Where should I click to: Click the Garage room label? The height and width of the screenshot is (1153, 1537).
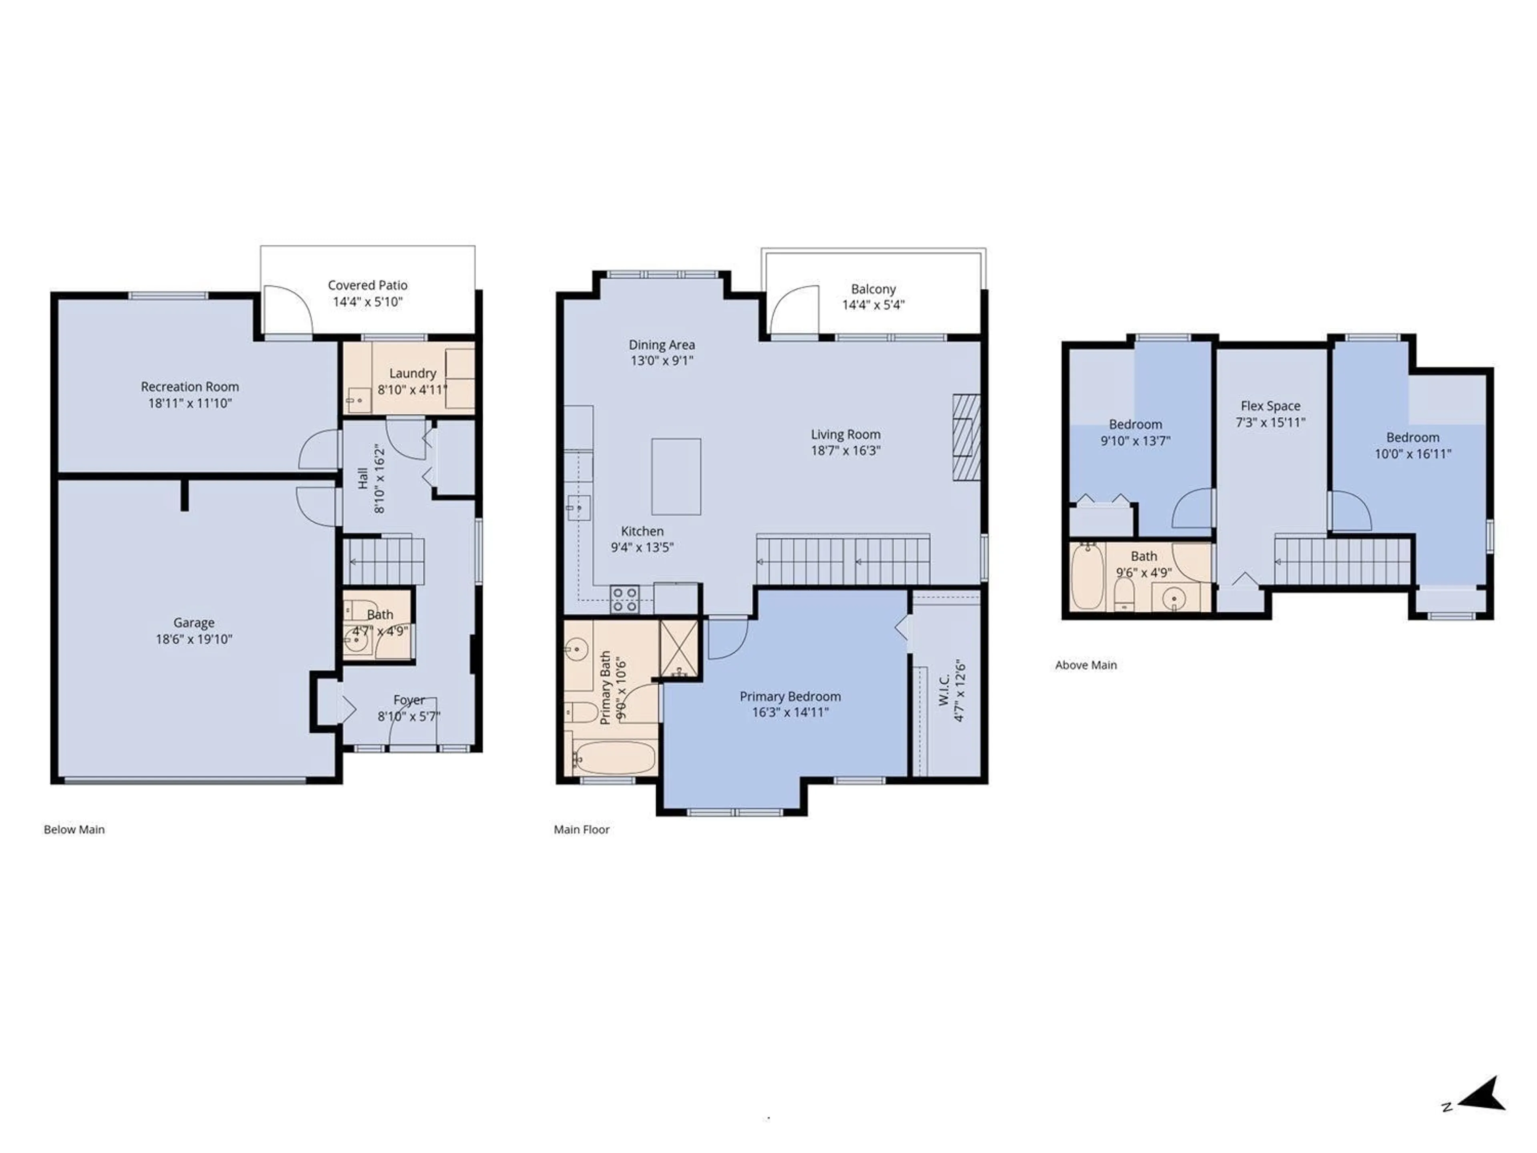tap(194, 623)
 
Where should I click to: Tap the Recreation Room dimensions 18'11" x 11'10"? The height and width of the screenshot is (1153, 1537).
tap(190, 403)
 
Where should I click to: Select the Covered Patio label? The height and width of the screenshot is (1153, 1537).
tap(367, 285)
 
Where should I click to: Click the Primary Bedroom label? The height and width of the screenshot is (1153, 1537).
tap(790, 696)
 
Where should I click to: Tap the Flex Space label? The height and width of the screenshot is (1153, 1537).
tap(1270, 406)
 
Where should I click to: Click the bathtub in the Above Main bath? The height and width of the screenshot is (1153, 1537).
tap(1086, 576)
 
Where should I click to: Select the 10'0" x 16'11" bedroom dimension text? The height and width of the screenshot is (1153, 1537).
tap(1413, 454)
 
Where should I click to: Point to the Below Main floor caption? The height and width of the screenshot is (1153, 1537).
tap(74, 829)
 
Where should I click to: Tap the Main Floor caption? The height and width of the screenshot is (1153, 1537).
tap(582, 829)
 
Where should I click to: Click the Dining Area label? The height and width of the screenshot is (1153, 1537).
tap(662, 345)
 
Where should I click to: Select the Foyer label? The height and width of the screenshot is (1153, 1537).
tap(409, 700)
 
